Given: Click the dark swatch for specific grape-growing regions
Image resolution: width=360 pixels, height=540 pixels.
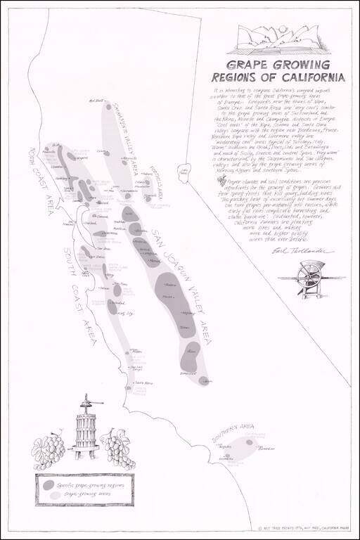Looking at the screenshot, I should click(46, 484).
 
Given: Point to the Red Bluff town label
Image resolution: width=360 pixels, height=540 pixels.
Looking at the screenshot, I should click(96, 100).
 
